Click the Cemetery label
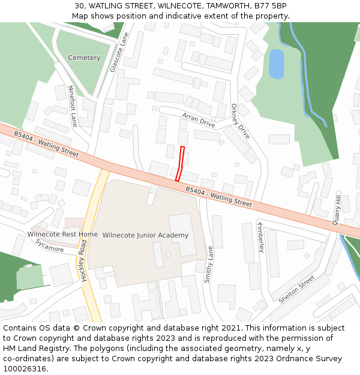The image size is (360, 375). pos(84,58)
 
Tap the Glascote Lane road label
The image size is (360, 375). pos(119,53)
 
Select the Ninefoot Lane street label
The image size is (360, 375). pos(73,106)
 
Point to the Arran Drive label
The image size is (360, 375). pos(199,119)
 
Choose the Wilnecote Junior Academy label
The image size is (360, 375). pos(145,235)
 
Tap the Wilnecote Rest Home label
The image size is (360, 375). pos(62,234)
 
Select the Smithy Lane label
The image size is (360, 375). pos(208,265)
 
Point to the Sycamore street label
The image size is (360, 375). pos(49,245)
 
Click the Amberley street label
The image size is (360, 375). pos(260,235)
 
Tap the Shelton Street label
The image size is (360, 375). pos(296,289)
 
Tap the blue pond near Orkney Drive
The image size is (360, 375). pos(276,64)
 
